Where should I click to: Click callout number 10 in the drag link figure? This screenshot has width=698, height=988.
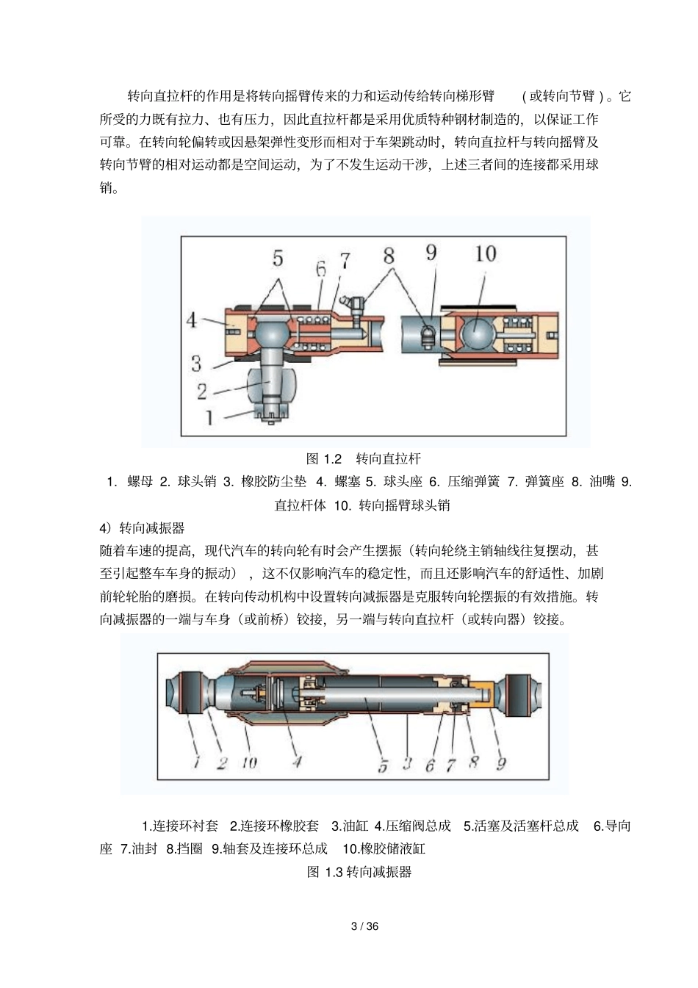click(486, 254)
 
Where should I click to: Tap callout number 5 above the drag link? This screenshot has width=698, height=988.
click(278, 258)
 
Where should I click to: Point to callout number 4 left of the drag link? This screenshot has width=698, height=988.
click(191, 320)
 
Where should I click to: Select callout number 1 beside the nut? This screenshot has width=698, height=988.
click(209, 417)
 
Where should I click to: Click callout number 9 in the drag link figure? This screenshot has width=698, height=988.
click(431, 253)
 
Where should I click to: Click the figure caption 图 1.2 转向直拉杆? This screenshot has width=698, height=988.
click(364, 459)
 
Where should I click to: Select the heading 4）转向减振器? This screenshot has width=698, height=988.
click(142, 527)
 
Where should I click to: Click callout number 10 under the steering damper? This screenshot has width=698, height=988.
click(249, 763)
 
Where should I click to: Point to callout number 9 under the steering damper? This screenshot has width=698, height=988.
click(501, 763)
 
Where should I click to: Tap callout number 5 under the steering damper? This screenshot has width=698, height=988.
click(383, 765)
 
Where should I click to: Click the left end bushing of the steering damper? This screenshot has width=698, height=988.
click(185, 693)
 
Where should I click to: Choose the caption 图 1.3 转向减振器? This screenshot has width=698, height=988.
click(359, 872)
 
